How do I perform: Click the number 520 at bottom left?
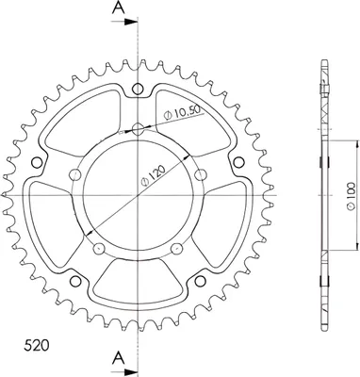pos(37,346)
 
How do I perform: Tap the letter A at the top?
pos(119,8)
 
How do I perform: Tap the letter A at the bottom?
pos(118,357)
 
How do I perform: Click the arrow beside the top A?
pos(124,22)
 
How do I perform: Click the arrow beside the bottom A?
pos(124,370)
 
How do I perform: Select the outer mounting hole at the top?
pos(138,90)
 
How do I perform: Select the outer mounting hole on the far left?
pos(37,162)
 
